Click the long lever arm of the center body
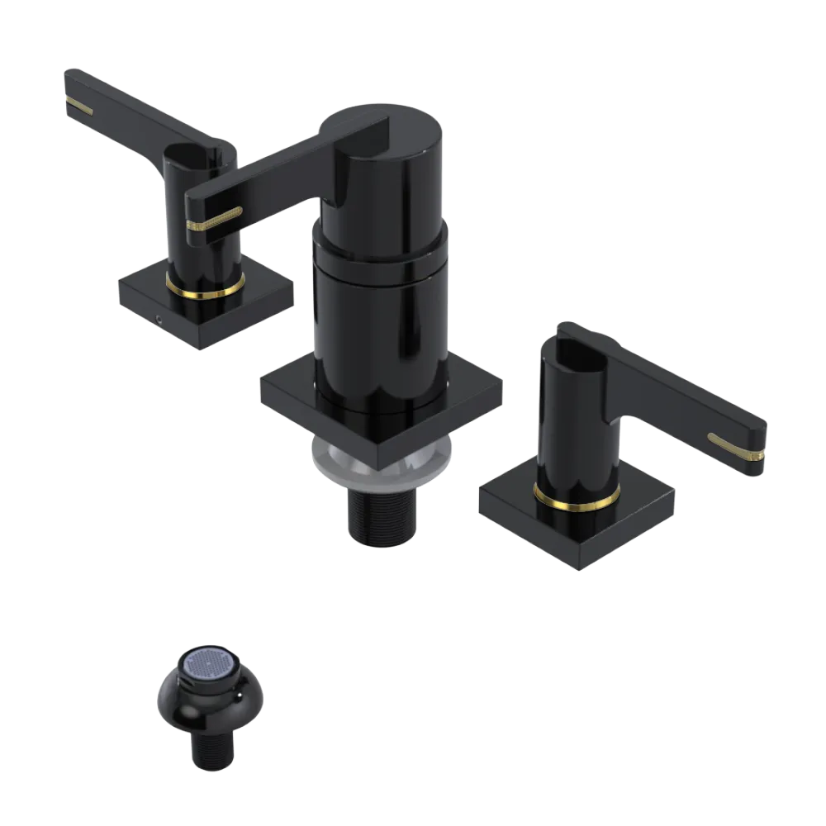tap(273, 173)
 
